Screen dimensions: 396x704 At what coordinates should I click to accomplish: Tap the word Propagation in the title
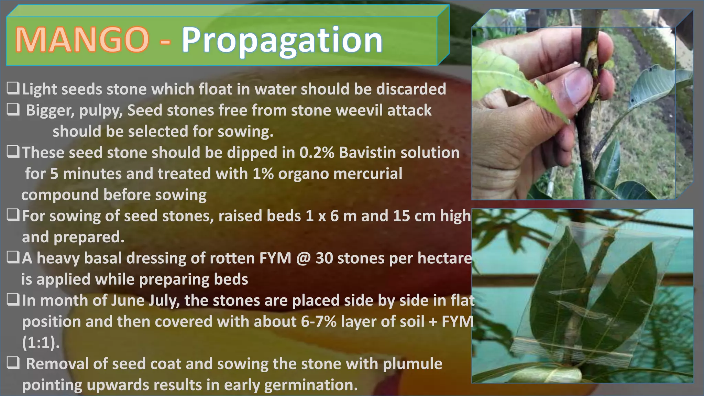point(282,41)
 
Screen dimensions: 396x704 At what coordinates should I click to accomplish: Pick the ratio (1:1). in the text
point(41,343)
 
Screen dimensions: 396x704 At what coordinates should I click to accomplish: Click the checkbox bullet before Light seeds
point(13,89)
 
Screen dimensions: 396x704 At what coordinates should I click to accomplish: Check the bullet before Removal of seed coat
point(13,363)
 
